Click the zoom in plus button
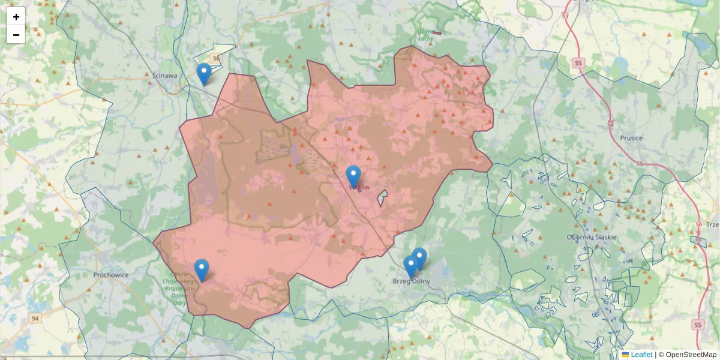[16, 16]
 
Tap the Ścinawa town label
[164, 76]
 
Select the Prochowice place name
[112, 275]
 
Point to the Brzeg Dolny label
[412, 281]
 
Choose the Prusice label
[631, 138]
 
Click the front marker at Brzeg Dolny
[411, 266]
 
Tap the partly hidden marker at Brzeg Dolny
[420, 257]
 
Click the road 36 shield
[216, 59]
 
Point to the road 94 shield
[36, 318]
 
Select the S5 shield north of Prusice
[578, 62]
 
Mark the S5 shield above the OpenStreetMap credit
[697, 325]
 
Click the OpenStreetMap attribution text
[691, 355]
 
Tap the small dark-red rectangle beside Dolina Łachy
[437, 33]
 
